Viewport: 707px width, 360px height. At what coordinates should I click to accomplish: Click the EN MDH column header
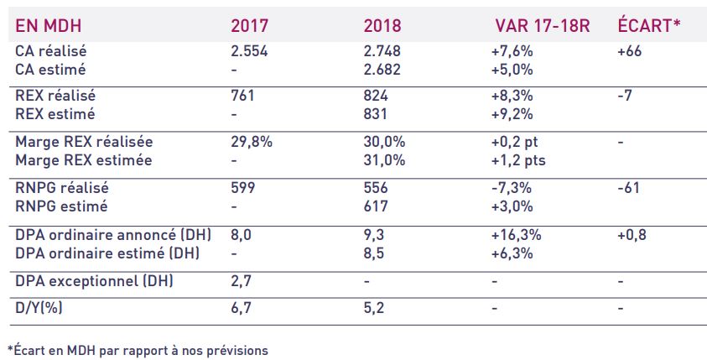(47, 25)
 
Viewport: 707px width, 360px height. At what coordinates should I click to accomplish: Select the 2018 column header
(382, 25)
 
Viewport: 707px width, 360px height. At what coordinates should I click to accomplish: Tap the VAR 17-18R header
(543, 25)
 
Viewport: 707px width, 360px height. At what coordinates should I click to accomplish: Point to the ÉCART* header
(648, 25)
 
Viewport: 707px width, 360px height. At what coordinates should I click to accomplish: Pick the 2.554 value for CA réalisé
(248, 51)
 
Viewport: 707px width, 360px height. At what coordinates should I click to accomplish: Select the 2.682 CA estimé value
(382, 70)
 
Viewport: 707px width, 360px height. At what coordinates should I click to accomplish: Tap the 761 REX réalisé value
(242, 97)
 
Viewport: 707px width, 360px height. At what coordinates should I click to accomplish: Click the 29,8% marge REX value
(252, 142)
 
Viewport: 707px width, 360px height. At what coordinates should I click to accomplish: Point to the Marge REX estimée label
(84, 160)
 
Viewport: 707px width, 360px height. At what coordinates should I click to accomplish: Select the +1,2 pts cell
(519, 160)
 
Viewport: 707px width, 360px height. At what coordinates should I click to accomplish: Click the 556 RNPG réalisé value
(377, 188)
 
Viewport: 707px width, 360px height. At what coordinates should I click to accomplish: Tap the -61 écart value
(628, 188)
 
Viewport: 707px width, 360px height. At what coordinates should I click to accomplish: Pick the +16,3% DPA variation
(515, 234)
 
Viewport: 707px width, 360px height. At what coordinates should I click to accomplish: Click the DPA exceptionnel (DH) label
(94, 281)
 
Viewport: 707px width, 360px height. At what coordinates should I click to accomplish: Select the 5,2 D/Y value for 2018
(375, 308)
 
